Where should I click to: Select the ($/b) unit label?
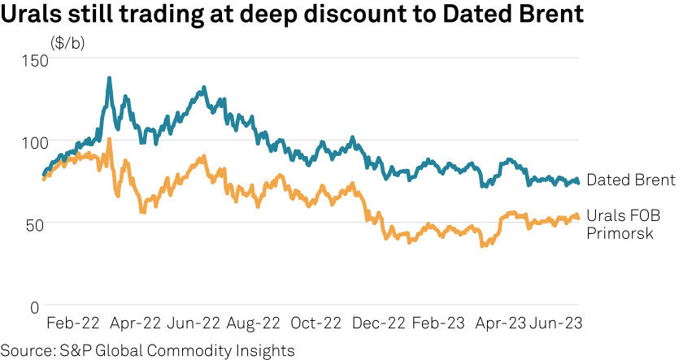pos(67,43)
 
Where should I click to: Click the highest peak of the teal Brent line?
pos(109,79)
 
